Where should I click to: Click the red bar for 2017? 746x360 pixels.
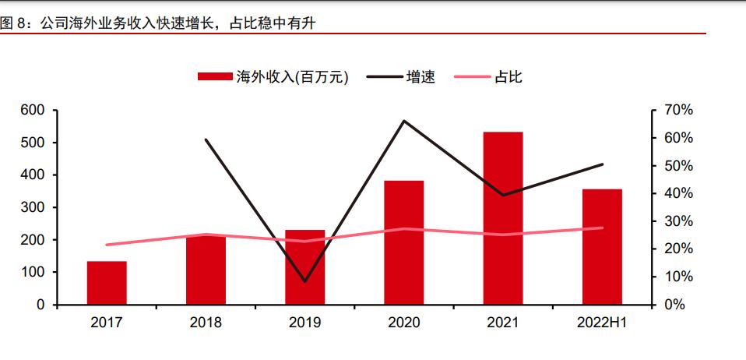[107, 283]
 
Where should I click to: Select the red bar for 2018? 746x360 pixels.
[206, 270]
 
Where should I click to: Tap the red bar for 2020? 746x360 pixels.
[403, 242]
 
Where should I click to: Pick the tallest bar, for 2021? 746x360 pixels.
[503, 218]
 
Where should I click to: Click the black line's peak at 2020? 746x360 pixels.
[403, 121]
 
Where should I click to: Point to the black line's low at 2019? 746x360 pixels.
[304, 281]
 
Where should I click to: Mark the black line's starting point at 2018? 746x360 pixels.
[206, 139]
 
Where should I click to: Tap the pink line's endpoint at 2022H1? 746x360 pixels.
[602, 228]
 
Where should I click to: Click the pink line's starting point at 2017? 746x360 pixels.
[107, 245]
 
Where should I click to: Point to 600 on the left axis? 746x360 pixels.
[33, 111]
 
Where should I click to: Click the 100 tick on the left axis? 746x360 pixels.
[33, 273]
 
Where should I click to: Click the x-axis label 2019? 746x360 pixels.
[304, 323]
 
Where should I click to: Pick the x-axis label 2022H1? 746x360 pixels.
[602, 323]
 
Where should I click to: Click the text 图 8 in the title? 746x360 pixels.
[12, 23]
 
